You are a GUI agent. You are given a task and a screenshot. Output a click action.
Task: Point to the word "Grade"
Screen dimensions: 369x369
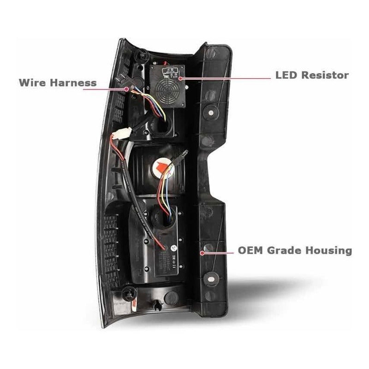(288, 251)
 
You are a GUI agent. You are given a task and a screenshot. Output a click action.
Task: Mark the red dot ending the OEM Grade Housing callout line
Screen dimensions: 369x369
(203, 252)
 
